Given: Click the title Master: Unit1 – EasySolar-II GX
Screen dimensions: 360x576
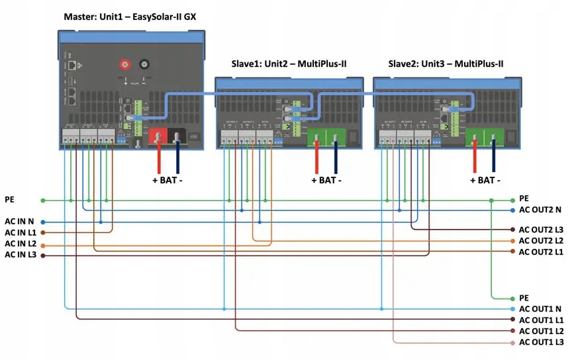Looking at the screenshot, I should (x=134, y=16).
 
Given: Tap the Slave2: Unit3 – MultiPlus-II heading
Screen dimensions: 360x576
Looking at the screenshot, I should (x=443, y=64).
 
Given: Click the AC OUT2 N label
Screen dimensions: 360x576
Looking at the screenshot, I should (x=540, y=210).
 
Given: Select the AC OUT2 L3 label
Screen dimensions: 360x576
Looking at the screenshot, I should (x=541, y=229).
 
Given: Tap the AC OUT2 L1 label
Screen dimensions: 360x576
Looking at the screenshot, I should (x=541, y=252).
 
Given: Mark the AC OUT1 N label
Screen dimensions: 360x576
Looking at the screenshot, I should (x=540, y=309).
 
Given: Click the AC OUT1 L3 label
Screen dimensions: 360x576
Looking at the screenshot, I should (x=541, y=342).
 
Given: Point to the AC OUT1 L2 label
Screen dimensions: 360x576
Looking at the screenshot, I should (x=541, y=331).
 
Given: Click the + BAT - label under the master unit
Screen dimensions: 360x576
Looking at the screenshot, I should (x=168, y=180).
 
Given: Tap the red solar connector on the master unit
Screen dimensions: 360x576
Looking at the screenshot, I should (x=122, y=65).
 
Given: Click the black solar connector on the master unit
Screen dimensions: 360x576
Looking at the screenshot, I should (x=143, y=65).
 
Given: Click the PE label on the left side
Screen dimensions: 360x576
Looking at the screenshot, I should (x=10, y=199).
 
